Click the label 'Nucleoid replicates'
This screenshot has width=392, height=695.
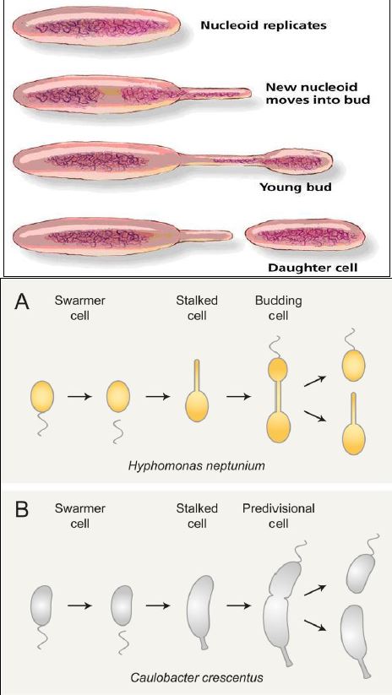pyautogui.click(x=264, y=25)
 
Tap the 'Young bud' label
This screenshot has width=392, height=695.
pyautogui.click(x=295, y=187)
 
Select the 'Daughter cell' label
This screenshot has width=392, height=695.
pyautogui.click(x=313, y=268)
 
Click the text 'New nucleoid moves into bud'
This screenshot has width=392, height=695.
pyautogui.click(x=318, y=93)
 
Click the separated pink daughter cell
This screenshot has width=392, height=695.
pyautogui.click(x=305, y=236)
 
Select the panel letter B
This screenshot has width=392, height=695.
pyautogui.click(x=23, y=511)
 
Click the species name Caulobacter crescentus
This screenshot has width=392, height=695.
pyautogui.click(x=197, y=678)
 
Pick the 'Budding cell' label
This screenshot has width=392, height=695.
pyautogui.click(x=279, y=308)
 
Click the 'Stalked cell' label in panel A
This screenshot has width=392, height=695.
pyautogui.click(x=197, y=308)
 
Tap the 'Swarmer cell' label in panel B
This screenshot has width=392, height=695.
pyautogui.click(x=79, y=515)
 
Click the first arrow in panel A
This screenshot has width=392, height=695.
pyautogui.click(x=79, y=396)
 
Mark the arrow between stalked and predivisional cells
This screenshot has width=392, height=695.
pyautogui.click(x=239, y=605)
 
